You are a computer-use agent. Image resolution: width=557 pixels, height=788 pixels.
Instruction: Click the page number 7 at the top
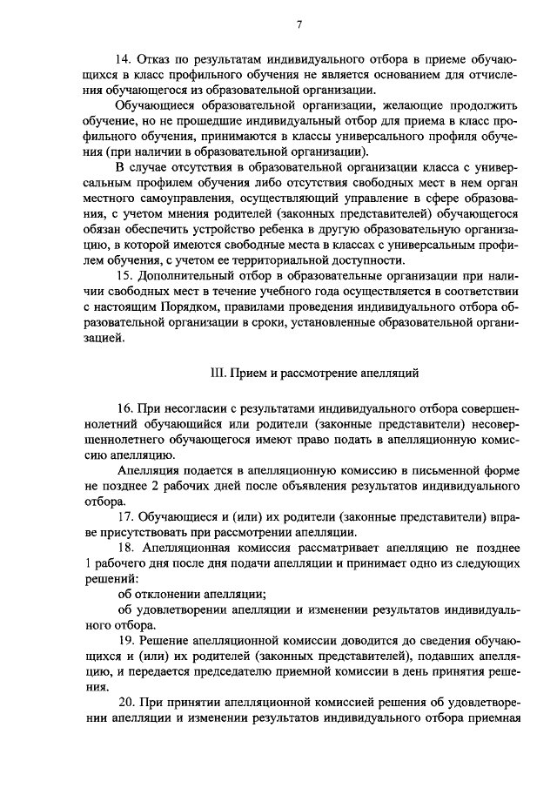[x=299, y=24]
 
